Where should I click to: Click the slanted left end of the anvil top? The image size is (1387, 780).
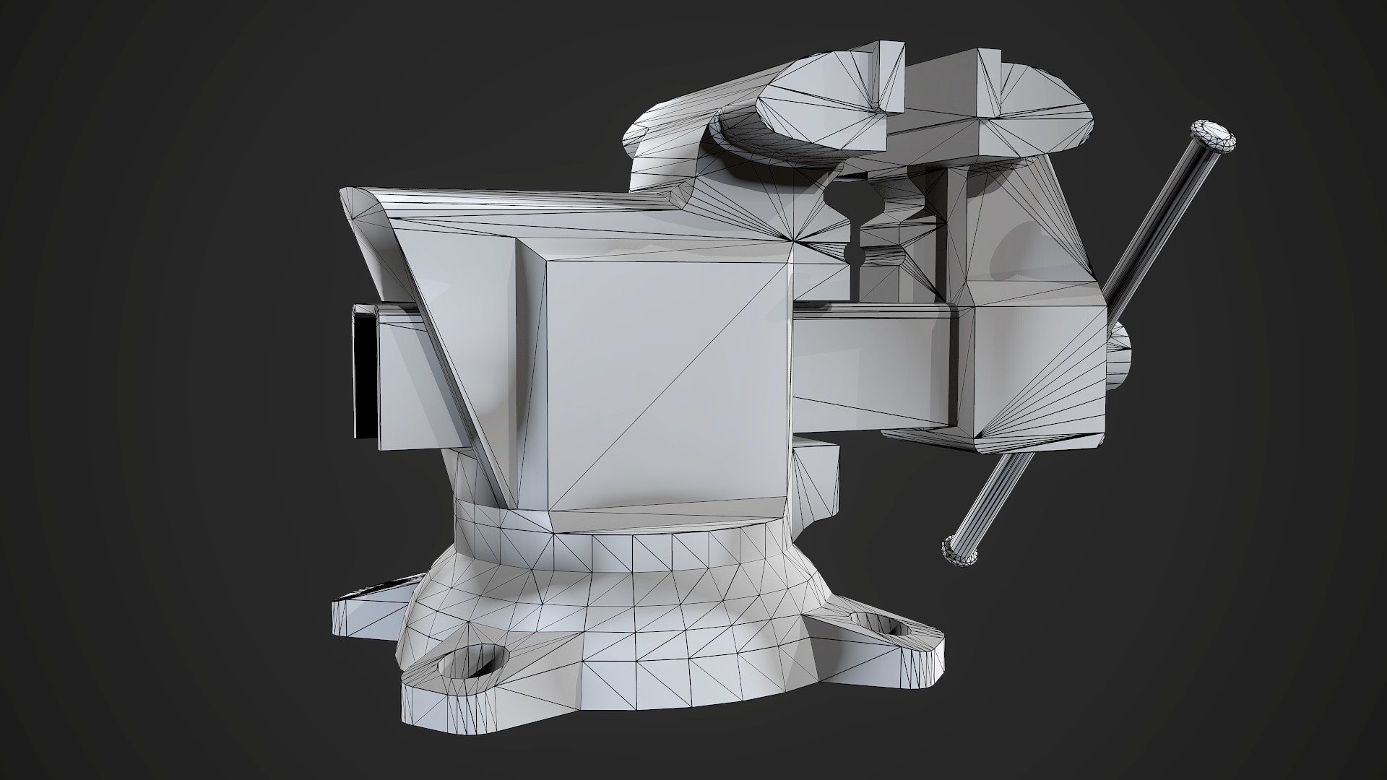coord(368,217)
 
